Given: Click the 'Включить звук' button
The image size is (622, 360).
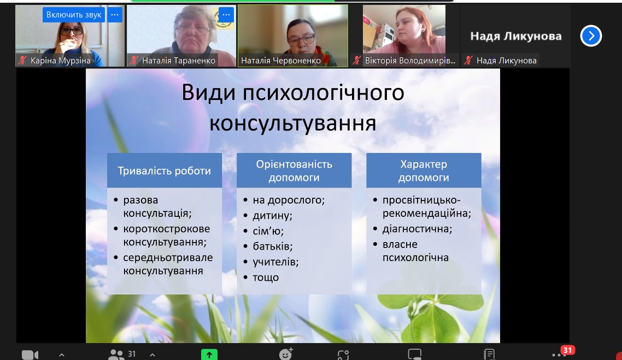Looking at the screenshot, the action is click(74, 15).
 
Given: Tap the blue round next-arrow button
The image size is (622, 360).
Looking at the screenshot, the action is click(591, 36).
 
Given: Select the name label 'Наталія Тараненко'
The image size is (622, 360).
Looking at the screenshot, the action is click(179, 61).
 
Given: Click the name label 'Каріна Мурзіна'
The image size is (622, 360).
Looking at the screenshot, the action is click(60, 61).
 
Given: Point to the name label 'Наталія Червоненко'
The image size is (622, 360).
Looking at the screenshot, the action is click(281, 61).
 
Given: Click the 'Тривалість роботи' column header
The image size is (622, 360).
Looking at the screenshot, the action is click(164, 170).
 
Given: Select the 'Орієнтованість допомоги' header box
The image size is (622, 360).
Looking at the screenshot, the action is click(294, 170).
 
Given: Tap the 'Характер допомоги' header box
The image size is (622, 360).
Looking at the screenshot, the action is click(424, 170).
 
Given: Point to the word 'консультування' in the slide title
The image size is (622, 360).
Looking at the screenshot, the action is click(293, 123).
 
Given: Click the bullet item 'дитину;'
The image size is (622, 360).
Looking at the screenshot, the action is click(273, 216).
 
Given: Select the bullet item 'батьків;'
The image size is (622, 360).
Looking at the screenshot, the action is click(273, 246).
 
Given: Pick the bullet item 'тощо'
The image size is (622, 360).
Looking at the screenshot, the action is click(266, 278).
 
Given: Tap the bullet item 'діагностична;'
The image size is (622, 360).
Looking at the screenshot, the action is click(418, 229).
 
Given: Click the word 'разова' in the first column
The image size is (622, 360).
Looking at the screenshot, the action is click(140, 200).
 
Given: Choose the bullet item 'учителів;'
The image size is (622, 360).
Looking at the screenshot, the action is click(275, 262).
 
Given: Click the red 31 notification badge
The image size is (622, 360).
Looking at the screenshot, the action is click(568, 350).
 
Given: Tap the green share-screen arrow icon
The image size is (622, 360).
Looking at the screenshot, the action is click(209, 355).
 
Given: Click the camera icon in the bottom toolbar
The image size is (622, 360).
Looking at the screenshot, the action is click(30, 355).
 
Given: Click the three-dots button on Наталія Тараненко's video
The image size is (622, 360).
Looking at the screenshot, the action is click(226, 15).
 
